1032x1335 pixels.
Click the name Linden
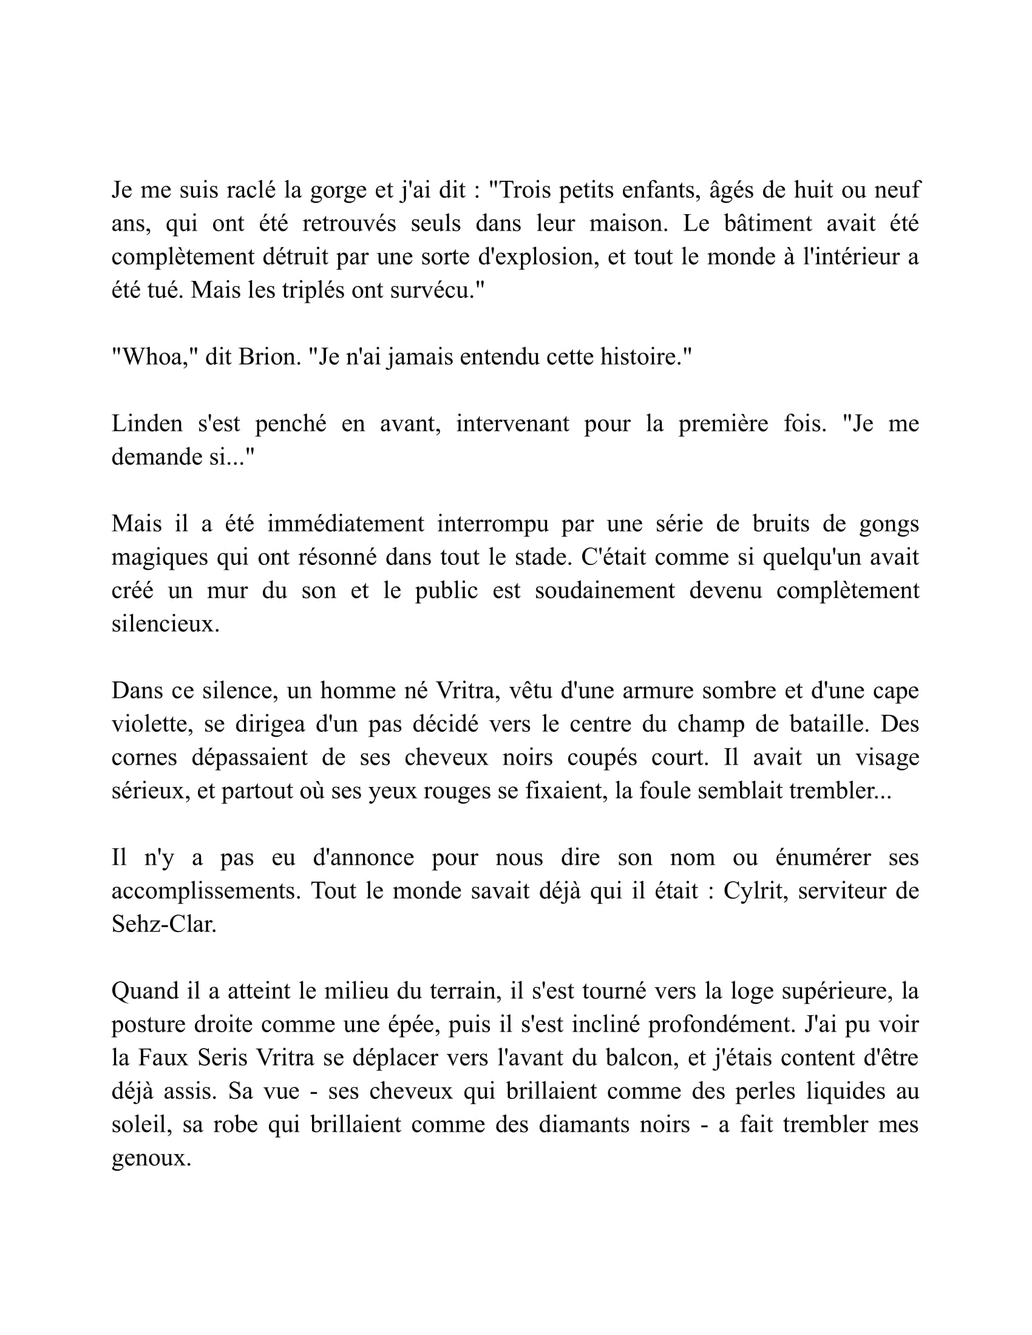[147, 424]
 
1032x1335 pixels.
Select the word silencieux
[165, 624]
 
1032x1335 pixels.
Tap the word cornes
[144, 757]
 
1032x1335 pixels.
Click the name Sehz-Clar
[164, 924]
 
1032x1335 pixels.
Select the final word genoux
[151, 1158]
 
